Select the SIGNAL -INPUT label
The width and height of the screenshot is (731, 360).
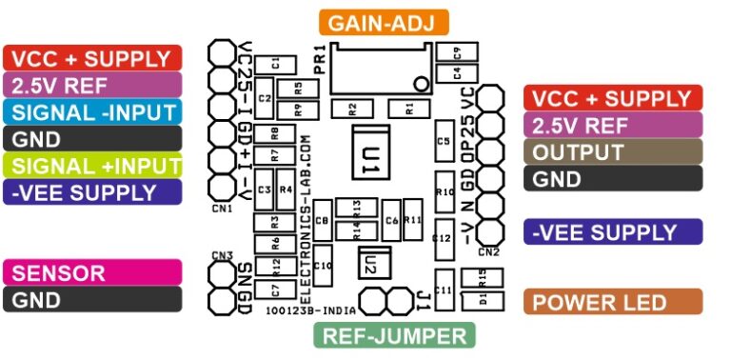pos(92,110)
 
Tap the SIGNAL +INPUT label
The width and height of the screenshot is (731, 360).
pos(92,165)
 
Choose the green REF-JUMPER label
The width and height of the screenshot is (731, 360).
pos(395,335)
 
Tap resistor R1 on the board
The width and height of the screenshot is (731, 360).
pos(409,108)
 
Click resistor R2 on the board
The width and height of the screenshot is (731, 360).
pos(352,108)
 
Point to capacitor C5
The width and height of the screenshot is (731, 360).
pos(443,141)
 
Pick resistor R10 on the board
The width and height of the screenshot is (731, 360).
pos(443,192)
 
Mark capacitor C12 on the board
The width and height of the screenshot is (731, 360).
pos(442,237)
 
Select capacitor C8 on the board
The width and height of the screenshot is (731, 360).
pos(322,222)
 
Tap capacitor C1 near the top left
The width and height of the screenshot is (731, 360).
pos(275,63)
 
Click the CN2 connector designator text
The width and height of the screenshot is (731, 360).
pos(488,252)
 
